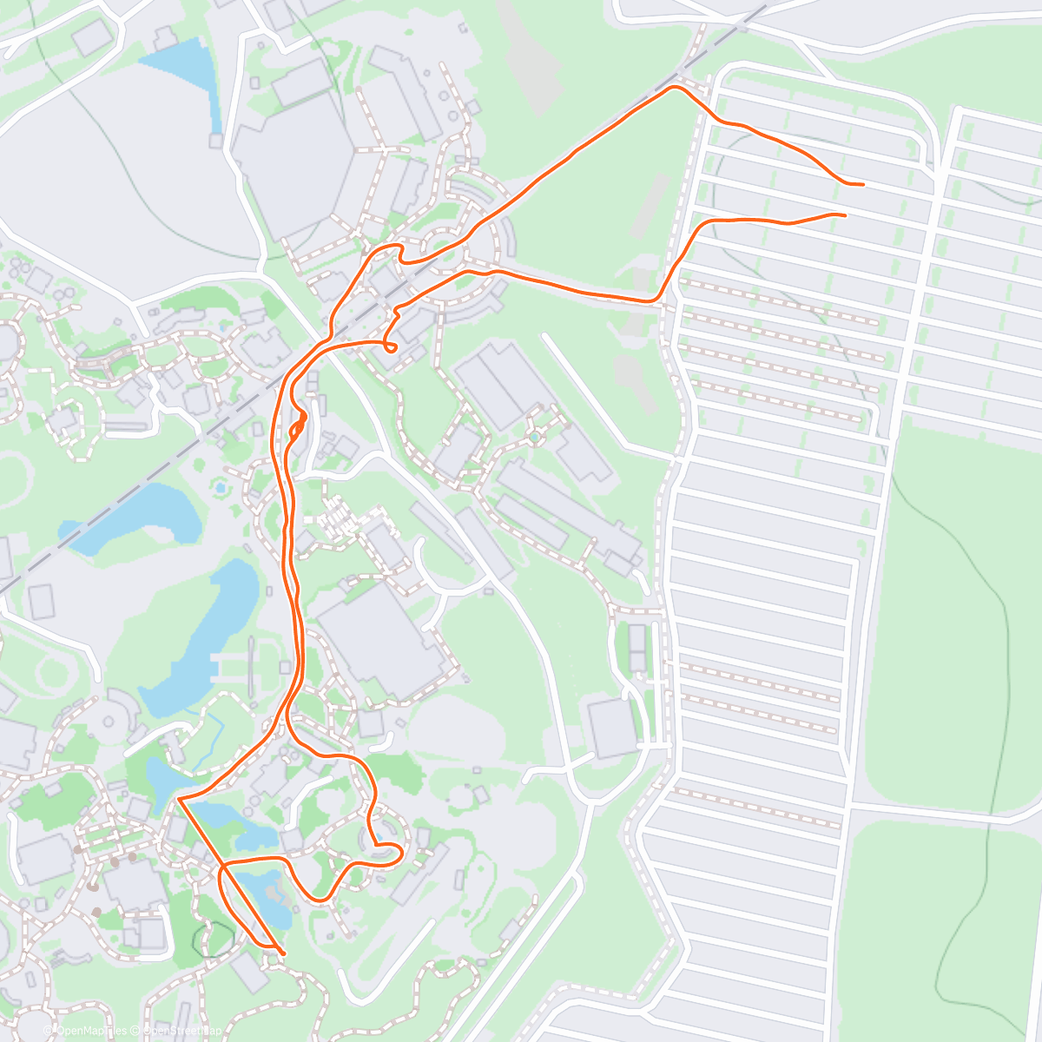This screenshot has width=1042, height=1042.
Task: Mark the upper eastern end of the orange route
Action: click(x=862, y=185)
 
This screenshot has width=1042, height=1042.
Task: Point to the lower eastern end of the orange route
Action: click(x=844, y=214)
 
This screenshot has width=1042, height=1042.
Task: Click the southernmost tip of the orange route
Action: click(x=283, y=953)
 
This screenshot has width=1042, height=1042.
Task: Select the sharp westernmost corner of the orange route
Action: click(x=178, y=798)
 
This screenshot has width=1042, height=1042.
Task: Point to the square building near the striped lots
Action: click(x=612, y=728)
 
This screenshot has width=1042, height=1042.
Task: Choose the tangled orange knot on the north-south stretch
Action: click(x=298, y=426)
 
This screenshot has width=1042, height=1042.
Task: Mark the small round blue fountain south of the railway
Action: click(x=221, y=489)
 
